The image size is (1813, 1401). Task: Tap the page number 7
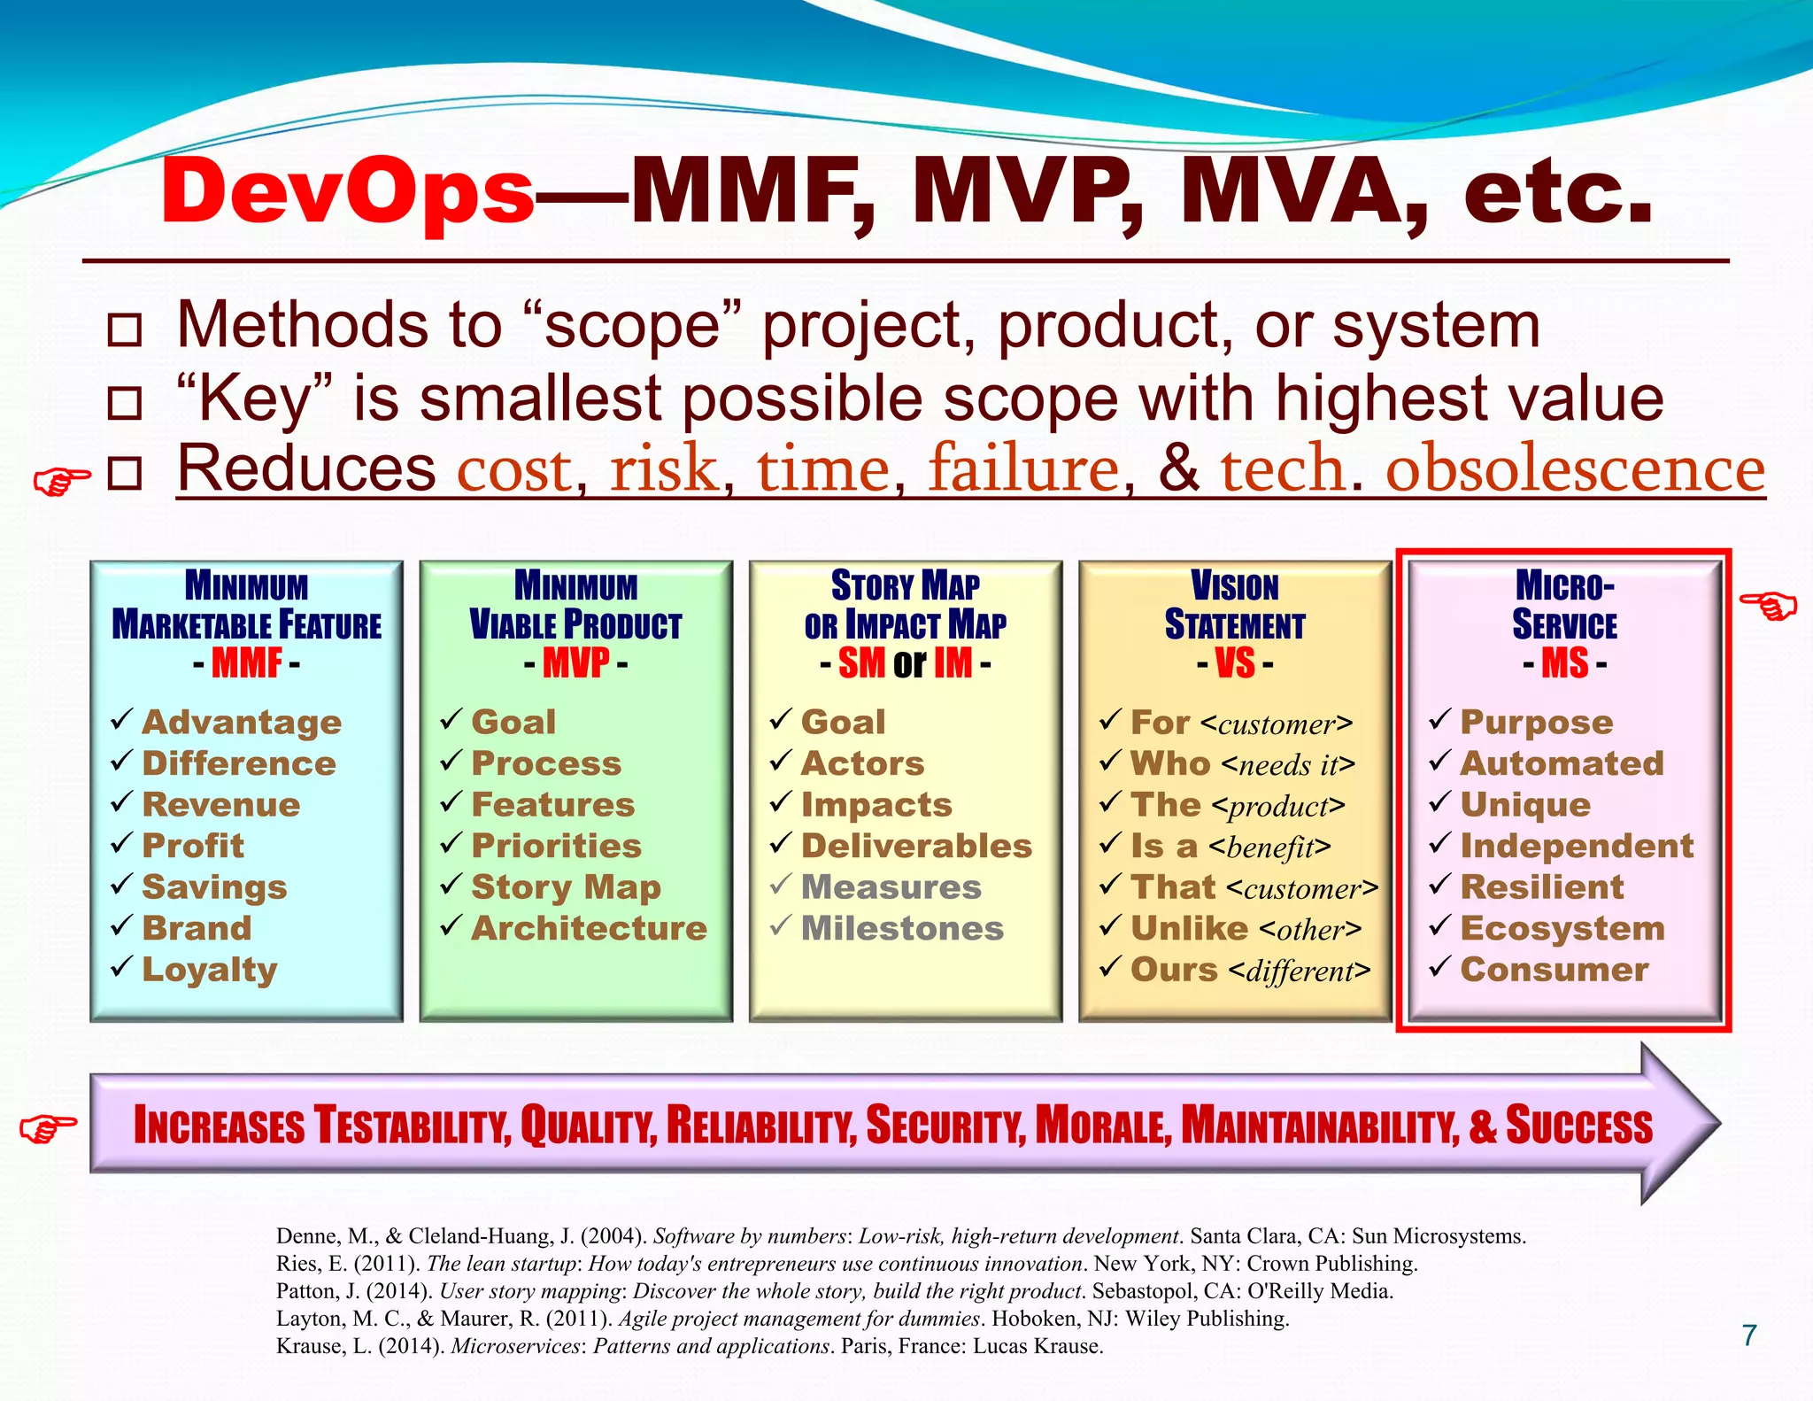[x=1748, y=1335]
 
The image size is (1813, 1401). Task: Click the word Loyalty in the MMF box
[x=210, y=970]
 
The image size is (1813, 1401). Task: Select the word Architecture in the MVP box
[x=589, y=928]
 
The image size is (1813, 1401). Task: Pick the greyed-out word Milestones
[x=902, y=928]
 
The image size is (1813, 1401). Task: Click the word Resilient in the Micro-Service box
[x=1542, y=887]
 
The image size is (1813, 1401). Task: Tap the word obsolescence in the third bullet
[x=1575, y=469]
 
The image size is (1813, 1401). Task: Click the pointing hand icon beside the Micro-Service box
[x=1768, y=607]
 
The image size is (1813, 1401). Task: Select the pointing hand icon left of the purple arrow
[x=48, y=1126]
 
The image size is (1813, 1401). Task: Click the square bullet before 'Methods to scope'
[x=124, y=329]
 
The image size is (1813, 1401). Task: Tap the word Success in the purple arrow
[x=1578, y=1126]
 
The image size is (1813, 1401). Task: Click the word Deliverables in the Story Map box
[x=916, y=846]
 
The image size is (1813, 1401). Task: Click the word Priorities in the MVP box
[x=556, y=846]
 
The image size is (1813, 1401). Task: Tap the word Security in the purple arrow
[x=945, y=1126]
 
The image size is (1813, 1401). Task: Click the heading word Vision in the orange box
[x=1235, y=586]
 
